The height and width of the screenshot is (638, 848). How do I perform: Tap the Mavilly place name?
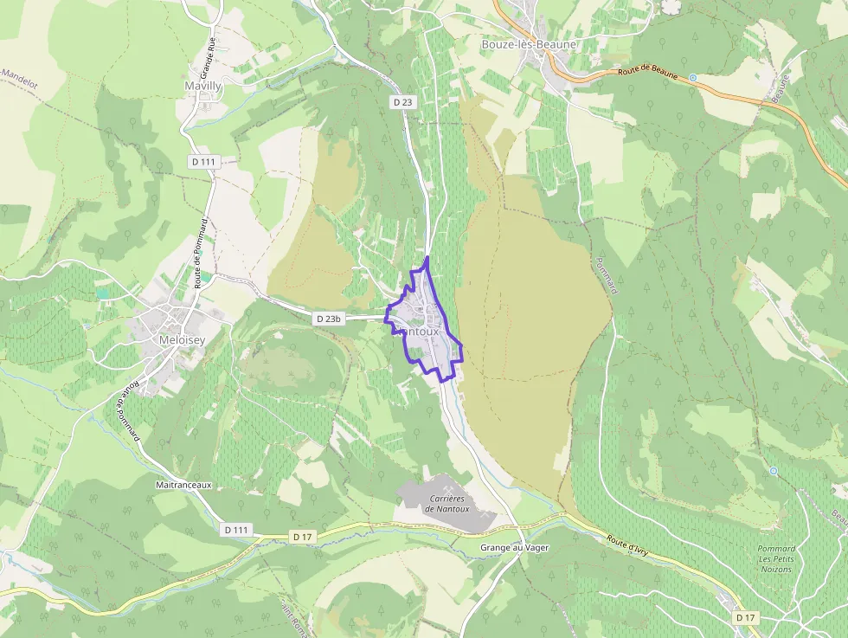pos(203,87)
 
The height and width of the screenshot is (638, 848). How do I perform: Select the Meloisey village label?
pos(159,339)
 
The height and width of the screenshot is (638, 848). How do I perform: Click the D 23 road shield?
pos(402,102)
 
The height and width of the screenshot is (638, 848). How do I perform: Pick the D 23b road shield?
pos(330,319)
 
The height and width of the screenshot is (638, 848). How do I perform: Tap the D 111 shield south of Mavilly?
pos(203,162)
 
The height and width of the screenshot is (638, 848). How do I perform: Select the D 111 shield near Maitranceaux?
pos(237,529)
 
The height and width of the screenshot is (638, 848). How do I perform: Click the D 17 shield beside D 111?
pos(302,537)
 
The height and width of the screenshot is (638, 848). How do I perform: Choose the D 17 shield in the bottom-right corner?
pos(745,617)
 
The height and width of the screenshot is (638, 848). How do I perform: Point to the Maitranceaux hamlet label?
pos(184,486)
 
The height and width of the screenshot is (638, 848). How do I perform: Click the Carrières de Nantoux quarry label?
pos(446,504)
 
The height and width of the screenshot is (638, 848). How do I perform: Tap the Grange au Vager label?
pos(514,548)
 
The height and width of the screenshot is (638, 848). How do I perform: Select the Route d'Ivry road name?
pos(626,546)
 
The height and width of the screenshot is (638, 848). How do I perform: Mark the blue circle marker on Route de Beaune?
pos(692,78)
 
